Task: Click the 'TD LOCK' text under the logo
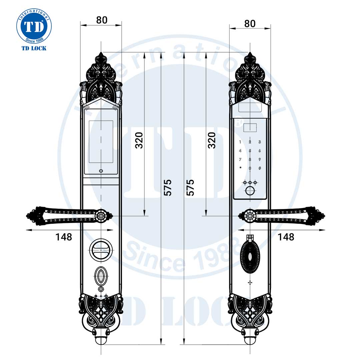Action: point(34,48)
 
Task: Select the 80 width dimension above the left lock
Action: point(102,20)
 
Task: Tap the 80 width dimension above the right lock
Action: point(250,24)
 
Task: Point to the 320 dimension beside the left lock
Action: point(139,140)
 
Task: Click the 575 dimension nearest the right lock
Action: point(190,187)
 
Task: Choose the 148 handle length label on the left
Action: point(64,237)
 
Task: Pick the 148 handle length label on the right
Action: point(286,237)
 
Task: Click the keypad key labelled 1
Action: point(240,142)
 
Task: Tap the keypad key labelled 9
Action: point(259,159)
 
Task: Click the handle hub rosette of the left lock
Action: point(101,216)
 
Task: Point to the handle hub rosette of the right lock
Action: point(249,216)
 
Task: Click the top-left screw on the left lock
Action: point(86,107)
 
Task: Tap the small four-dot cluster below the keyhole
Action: point(250,283)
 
